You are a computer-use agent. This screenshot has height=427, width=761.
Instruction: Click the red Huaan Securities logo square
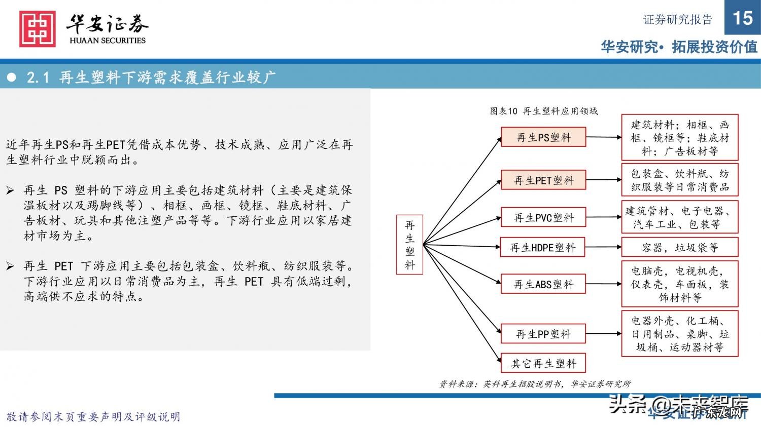pyautogui.click(x=38, y=29)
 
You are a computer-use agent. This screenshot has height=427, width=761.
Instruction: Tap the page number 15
pyautogui.click(x=742, y=18)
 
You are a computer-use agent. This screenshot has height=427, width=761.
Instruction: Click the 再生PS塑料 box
pyautogui.click(x=543, y=137)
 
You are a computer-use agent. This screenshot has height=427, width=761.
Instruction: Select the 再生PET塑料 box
pyautogui.click(x=543, y=180)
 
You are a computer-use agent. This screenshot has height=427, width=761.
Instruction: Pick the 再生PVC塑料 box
pyautogui.click(x=543, y=217)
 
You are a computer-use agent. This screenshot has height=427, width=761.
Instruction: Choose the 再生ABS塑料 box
pyautogui.click(x=543, y=284)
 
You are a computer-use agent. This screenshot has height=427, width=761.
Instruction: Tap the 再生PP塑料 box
pyautogui.click(x=543, y=334)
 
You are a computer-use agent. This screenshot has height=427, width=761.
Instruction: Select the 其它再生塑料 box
pyautogui.click(x=543, y=363)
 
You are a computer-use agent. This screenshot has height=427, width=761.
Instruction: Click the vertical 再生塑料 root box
pyautogui.click(x=409, y=245)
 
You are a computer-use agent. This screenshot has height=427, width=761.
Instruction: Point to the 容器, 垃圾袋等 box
pyautogui.click(x=679, y=247)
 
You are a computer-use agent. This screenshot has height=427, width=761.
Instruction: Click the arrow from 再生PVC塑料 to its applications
pyautogui.click(x=603, y=217)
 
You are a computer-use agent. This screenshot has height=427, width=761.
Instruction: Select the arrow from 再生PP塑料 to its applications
pyautogui.click(x=603, y=334)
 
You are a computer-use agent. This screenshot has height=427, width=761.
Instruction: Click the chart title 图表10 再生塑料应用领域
pyautogui.click(x=543, y=111)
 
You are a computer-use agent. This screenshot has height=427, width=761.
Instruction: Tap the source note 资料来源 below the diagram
pyautogui.click(x=535, y=384)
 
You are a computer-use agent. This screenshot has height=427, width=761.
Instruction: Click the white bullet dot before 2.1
pyautogui.click(x=12, y=77)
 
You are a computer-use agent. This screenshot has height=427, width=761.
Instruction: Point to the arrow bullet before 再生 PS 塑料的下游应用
pyautogui.click(x=10, y=190)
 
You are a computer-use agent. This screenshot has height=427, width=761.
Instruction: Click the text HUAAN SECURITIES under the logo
pyautogui.click(x=108, y=41)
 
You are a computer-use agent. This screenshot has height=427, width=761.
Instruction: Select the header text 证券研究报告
pyautogui.click(x=678, y=20)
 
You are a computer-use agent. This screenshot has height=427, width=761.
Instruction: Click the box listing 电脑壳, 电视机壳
pyautogui.click(x=679, y=284)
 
